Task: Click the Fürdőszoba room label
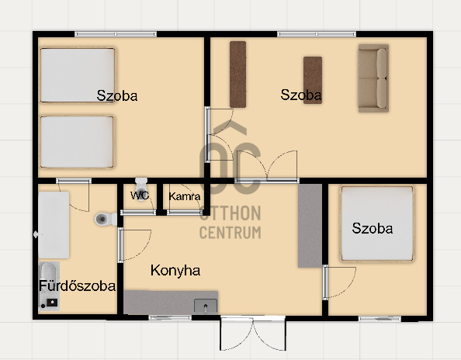(x=77, y=286)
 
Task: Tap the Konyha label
(x=175, y=271)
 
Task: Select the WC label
(x=140, y=196)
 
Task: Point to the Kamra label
(x=185, y=196)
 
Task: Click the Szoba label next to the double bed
(x=372, y=228)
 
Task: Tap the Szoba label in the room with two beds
(x=117, y=96)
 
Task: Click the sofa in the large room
(x=373, y=78)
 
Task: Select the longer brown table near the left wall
(x=237, y=74)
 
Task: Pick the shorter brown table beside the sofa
(x=313, y=80)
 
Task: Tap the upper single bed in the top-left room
(x=77, y=74)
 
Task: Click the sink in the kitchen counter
(x=206, y=303)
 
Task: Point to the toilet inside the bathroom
(x=105, y=220)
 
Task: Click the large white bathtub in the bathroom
(x=54, y=225)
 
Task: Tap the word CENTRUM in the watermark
(x=230, y=232)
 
